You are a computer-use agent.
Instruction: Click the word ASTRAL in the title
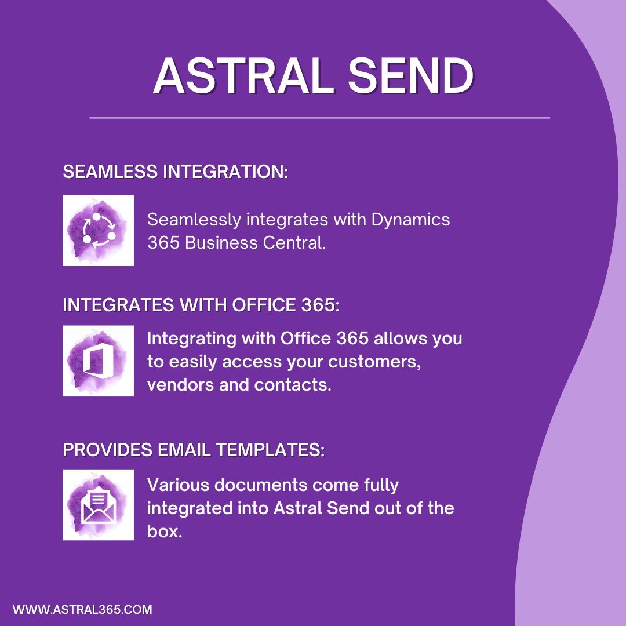click(243, 77)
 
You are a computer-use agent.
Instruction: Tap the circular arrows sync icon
click(98, 231)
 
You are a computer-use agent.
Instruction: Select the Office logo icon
click(98, 361)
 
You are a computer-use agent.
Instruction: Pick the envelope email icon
click(98, 505)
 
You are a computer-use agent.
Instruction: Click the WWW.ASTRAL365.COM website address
click(82, 609)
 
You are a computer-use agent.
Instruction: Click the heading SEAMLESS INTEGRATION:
click(175, 172)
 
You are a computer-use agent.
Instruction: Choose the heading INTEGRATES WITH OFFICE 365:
click(201, 305)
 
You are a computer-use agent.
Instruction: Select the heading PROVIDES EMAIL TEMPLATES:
click(194, 450)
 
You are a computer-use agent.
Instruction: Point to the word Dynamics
click(410, 220)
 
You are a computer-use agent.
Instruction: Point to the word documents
click(256, 484)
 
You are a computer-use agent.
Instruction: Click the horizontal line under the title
click(319, 118)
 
